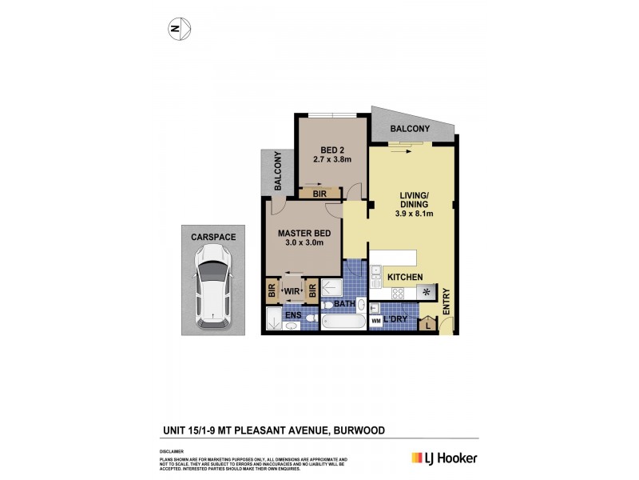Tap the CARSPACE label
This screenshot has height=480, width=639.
click(x=212, y=237)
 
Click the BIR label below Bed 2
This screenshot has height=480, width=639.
click(x=320, y=194)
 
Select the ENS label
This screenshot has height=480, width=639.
click(x=293, y=316)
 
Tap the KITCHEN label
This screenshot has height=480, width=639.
click(x=405, y=277)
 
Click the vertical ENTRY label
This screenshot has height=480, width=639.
click(x=447, y=301)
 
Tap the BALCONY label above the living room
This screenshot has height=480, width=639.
click(x=410, y=129)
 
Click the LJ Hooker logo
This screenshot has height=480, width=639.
click(x=444, y=458)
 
